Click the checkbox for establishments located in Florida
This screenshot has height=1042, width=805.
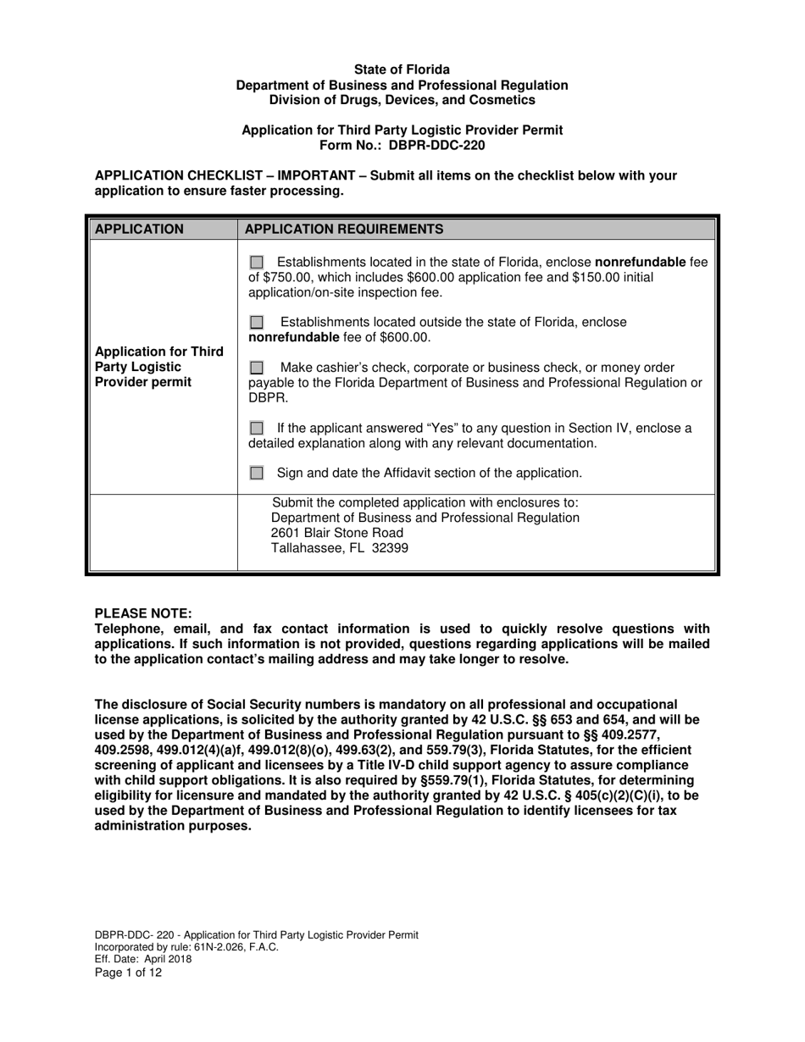(x=258, y=263)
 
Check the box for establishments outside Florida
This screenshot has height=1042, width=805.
(x=258, y=323)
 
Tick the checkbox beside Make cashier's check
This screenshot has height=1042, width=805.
(x=258, y=368)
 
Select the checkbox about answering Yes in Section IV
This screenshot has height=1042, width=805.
(x=258, y=429)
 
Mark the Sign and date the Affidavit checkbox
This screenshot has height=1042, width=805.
(x=258, y=473)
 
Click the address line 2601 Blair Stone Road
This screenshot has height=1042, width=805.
(x=337, y=533)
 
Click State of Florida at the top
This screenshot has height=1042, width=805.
(x=402, y=69)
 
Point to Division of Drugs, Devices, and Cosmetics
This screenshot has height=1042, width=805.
(x=402, y=100)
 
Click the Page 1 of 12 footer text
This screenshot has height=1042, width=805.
(x=128, y=973)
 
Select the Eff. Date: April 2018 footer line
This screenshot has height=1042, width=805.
(x=143, y=960)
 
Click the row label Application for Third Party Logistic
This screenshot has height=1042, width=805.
(x=159, y=352)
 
